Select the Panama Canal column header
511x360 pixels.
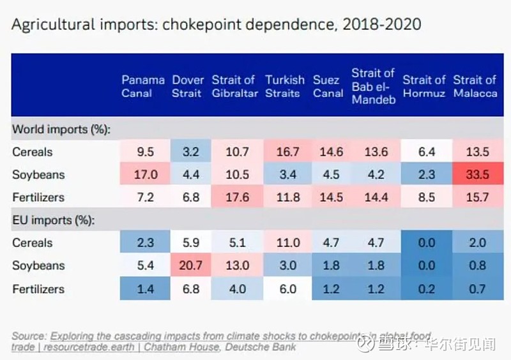[x=142, y=86]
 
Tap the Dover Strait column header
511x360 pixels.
[x=187, y=86]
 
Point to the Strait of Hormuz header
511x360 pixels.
[x=423, y=86]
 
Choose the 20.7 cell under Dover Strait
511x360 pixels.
[x=187, y=266]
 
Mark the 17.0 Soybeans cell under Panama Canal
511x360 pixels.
[x=144, y=175]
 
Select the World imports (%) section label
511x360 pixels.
[x=61, y=130]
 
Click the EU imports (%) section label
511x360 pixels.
[x=53, y=220]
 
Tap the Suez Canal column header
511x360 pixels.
[x=328, y=86]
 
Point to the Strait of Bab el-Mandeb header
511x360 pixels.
[x=373, y=86]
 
